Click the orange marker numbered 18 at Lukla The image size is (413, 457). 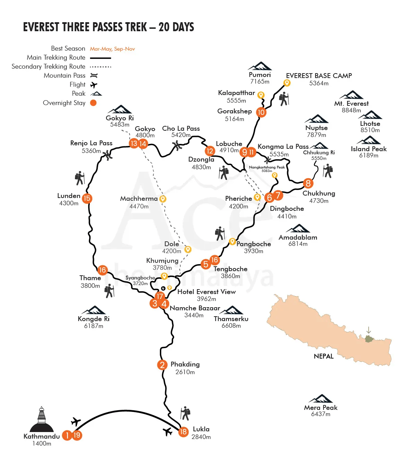pyautogui.click(x=183, y=432)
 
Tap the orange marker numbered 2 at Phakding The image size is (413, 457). pyautogui.click(x=162, y=365)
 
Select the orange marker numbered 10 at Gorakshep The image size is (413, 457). pyautogui.click(x=261, y=112)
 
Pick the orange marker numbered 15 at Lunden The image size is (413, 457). pyautogui.click(x=87, y=198)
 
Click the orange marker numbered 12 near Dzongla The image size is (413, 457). pyautogui.click(x=209, y=151)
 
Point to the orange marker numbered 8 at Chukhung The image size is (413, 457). pyautogui.click(x=308, y=183)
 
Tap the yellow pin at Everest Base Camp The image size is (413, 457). pyautogui.click(x=287, y=83)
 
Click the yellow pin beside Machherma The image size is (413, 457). pyautogui.click(x=163, y=199)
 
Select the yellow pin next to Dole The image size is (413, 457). pyautogui.click(x=188, y=249)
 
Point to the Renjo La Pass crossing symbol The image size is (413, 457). pyautogui.click(x=108, y=155)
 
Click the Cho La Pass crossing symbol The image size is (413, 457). pyautogui.click(x=178, y=146)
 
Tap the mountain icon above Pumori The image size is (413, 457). pyautogui.click(x=260, y=66)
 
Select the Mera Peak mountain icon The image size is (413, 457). pyautogui.click(x=321, y=398)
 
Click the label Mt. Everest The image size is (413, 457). pyautogui.click(x=351, y=103)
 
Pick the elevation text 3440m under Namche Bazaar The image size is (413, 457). pyautogui.click(x=194, y=315)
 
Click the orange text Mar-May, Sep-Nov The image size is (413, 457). pyautogui.click(x=112, y=49)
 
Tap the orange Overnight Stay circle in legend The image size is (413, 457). pyautogui.click(x=93, y=103)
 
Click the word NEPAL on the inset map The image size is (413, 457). pyautogui.click(x=324, y=356)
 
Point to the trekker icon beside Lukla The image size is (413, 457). pyautogui.click(x=186, y=413)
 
